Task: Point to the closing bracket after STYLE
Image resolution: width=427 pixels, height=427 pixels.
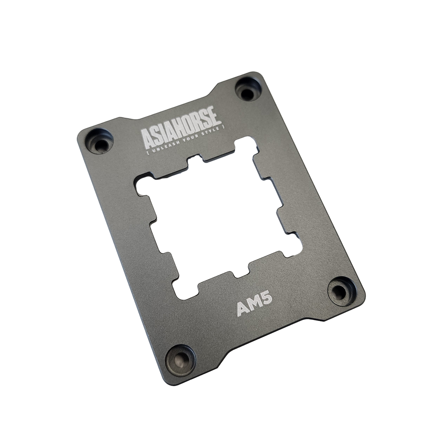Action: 223,127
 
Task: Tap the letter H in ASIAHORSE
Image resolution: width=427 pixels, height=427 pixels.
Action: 178,128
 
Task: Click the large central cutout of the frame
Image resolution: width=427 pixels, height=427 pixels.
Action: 218,218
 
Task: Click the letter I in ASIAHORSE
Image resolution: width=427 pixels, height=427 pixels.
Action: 165,132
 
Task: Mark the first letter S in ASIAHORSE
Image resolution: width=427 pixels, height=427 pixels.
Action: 156,135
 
